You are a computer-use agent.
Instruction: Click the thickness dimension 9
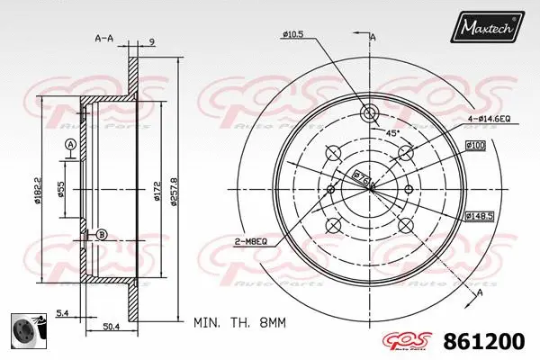tap(153, 40)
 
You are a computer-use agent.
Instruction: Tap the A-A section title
tap(105, 40)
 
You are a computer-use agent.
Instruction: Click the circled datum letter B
tap(101, 235)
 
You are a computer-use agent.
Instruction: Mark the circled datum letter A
tap(69, 146)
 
